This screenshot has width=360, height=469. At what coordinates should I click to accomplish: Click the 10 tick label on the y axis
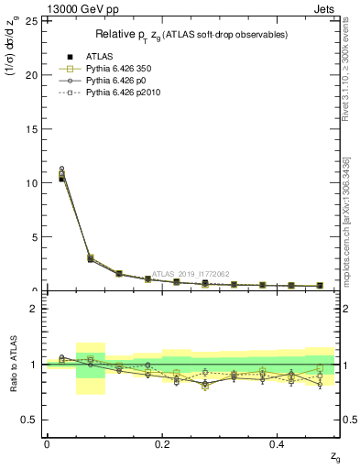(32, 183)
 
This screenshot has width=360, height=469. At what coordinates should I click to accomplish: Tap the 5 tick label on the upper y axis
(35, 237)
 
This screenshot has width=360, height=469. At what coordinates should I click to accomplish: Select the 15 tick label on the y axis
(32, 129)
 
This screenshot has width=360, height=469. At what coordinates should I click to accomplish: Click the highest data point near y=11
(61, 169)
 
